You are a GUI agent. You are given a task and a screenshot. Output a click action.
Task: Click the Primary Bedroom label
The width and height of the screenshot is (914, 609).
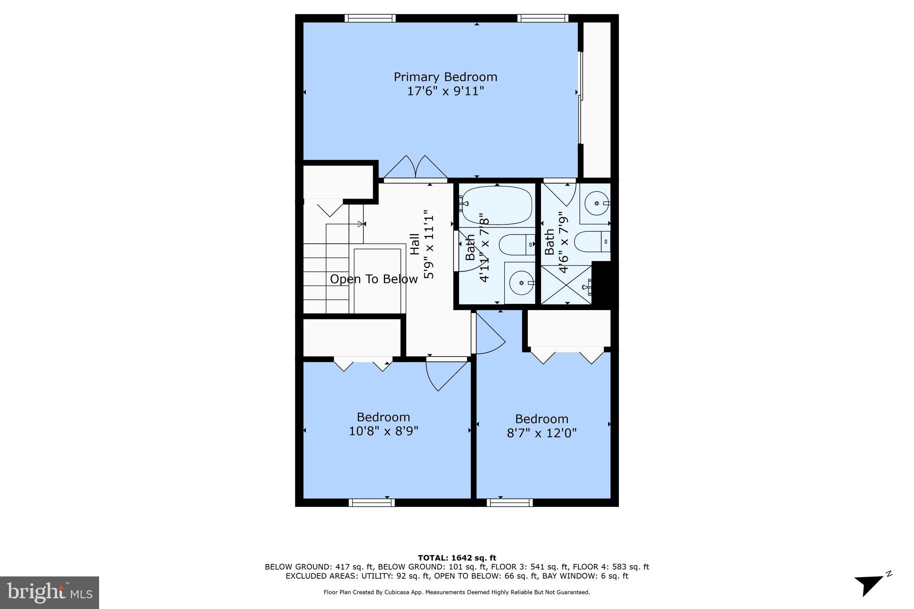tap(445, 77)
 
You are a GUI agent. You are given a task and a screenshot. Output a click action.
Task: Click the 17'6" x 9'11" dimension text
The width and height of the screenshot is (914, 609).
tap(445, 91)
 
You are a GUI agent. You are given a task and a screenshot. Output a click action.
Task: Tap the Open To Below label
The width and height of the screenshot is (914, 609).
tap(374, 279)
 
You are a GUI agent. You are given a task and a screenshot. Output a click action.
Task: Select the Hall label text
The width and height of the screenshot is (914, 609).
tap(415, 244)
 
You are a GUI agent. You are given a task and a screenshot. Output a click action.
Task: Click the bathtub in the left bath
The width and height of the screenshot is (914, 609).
tap(497, 205)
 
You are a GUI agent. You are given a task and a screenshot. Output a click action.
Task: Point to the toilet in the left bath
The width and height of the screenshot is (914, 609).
tap(516, 245)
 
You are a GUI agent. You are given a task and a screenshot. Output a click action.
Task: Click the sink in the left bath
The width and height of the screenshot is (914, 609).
tap(520, 283)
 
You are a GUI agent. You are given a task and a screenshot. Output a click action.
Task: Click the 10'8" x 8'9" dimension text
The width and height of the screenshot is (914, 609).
tap(383, 431)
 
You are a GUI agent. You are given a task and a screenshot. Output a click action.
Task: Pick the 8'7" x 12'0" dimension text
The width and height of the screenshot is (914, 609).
tap(541, 433)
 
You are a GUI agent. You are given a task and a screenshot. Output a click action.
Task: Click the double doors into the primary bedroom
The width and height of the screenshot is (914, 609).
tap(415, 168)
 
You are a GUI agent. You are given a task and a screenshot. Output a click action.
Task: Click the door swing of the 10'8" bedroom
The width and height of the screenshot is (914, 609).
tap(446, 374)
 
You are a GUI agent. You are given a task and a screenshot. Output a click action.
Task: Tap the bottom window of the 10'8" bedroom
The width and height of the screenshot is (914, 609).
tap(371, 503)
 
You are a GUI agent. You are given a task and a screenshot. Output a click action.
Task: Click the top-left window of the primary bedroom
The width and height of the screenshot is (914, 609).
tap(370, 18)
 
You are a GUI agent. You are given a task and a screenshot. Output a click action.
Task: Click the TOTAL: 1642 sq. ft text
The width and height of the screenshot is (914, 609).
tap(457, 558)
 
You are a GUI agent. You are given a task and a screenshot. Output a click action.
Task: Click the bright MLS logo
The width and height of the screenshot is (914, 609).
tap(50, 592)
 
